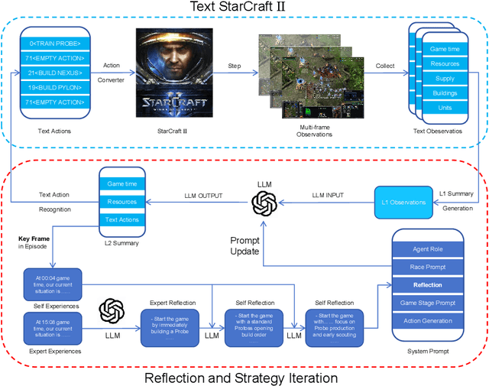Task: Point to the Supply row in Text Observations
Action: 444,79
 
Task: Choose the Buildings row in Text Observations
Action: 444,93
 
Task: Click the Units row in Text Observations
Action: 444,108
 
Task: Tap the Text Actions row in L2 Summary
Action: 122,219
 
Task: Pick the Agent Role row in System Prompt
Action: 427,250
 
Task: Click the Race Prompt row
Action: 427,268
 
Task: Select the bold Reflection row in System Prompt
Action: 427,285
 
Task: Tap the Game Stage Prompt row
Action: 427,303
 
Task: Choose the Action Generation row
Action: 427,320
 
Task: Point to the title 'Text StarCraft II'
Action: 244,8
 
